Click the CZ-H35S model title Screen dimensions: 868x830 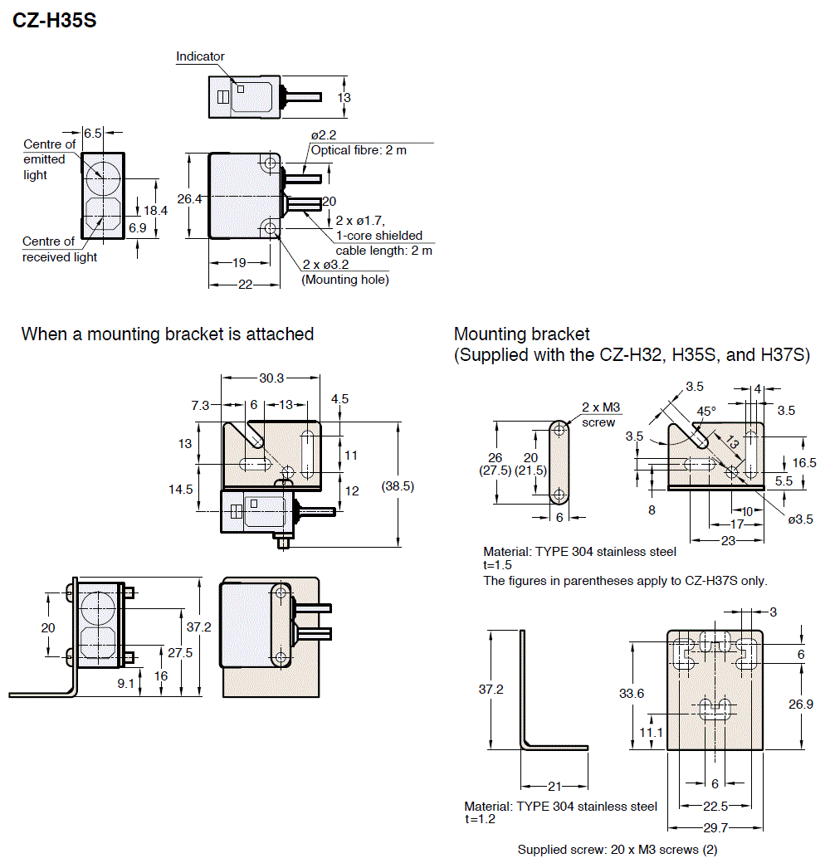(x=55, y=21)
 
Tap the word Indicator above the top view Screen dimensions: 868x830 (x=200, y=56)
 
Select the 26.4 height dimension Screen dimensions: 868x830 (x=189, y=198)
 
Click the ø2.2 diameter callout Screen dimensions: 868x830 (x=324, y=134)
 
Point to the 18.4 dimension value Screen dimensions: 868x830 (x=155, y=210)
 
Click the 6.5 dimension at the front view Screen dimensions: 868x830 (x=93, y=133)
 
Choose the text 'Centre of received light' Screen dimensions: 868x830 (x=60, y=249)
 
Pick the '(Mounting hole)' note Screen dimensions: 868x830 (x=344, y=280)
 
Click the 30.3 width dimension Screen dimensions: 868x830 (x=271, y=378)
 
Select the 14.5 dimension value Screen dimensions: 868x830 (x=181, y=489)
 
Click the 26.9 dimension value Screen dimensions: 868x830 (x=800, y=704)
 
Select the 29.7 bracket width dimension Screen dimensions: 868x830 (x=715, y=827)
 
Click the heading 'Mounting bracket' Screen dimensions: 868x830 (x=521, y=334)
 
